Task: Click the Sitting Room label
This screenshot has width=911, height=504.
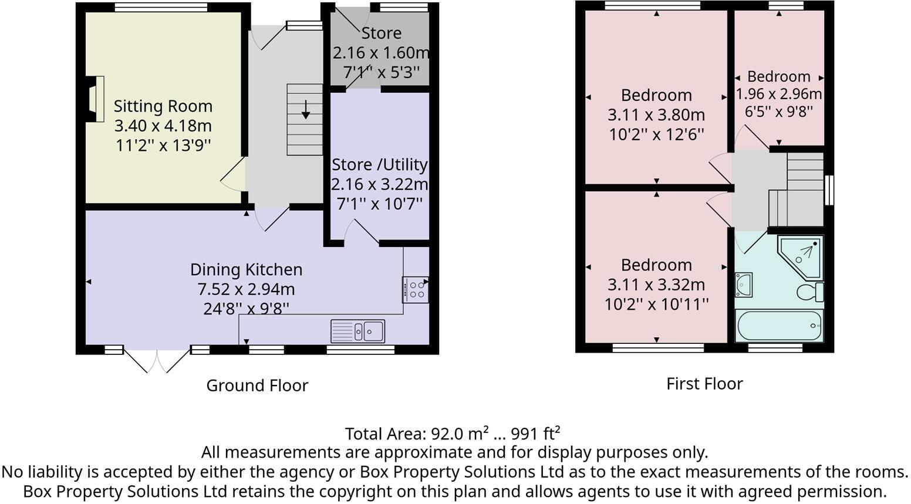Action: pos(163,106)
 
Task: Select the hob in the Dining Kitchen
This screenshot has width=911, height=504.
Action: pos(416,290)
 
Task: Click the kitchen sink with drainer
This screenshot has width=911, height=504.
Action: pos(357,331)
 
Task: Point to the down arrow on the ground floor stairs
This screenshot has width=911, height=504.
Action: pos(305,110)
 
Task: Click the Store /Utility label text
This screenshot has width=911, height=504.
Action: pos(379,164)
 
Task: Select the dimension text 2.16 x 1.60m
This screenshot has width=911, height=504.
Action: pos(381,53)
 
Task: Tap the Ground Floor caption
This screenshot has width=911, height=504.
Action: pos(257,385)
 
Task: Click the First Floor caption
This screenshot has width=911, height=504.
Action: pos(704,384)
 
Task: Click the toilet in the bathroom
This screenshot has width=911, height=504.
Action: pos(810,292)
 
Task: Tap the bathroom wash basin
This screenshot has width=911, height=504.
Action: pos(743,285)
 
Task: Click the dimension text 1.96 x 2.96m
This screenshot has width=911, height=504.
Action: pos(779,94)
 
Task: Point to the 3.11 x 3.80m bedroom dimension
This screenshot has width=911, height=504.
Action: pos(656,115)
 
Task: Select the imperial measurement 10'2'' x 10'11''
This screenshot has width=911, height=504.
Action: pos(656,304)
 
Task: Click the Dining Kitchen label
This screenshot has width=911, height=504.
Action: pos(246,270)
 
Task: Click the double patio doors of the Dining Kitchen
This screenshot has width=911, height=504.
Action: pos(157,360)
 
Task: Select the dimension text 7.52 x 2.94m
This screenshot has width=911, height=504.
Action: pos(246,289)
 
